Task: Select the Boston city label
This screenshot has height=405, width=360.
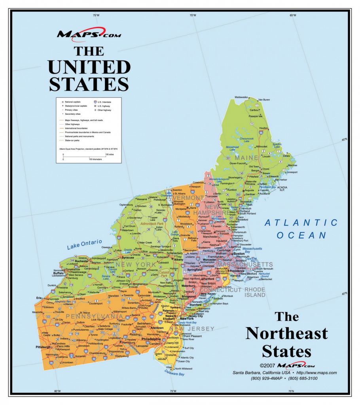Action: (x=239, y=254)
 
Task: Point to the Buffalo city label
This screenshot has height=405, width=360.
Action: (x=59, y=273)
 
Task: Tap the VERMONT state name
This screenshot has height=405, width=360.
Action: (x=188, y=197)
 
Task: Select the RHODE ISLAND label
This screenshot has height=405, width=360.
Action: (x=255, y=292)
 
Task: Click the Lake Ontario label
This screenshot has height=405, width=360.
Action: (x=84, y=244)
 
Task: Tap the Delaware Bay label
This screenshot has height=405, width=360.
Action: (x=174, y=373)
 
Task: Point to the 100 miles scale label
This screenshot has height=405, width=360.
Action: (x=109, y=154)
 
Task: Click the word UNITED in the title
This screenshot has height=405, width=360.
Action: (x=89, y=67)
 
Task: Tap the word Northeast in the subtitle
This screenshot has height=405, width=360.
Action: (x=286, y=333)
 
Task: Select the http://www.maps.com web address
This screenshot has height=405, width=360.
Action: (x=316, y=373)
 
